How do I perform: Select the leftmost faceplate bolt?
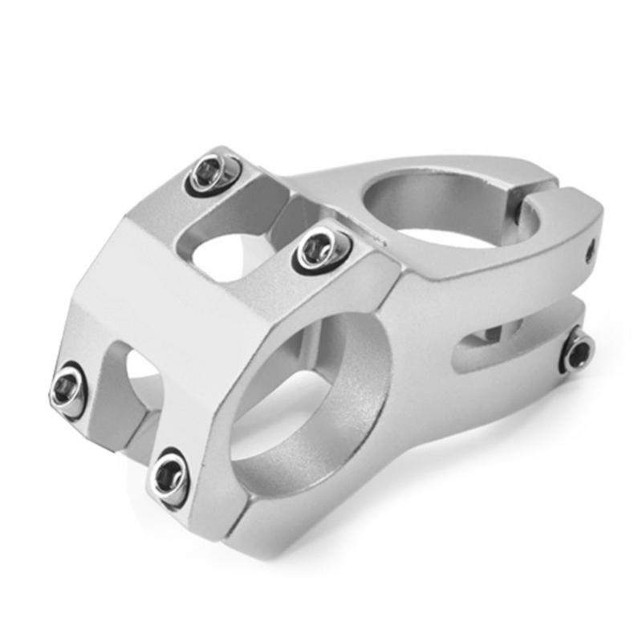point(69,388)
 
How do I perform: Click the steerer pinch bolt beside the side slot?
point(576,351)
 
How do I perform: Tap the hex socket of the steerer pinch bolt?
point(578,351)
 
